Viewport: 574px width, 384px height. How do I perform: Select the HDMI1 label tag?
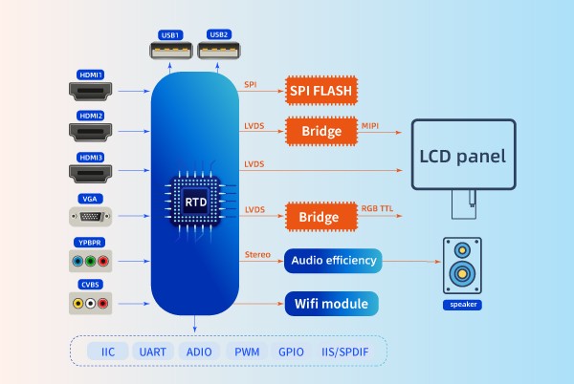[x=90, y=73]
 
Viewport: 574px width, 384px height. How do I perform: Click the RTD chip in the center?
[x=195, y=203]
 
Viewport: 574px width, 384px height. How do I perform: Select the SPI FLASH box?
[x=321, y=92]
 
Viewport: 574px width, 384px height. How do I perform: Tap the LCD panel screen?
[x=464, y=155]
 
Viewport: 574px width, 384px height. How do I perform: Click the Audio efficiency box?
[x=332, y=260]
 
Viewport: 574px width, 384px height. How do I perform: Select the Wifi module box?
[x=332, y=305]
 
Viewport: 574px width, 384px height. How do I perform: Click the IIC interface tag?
[x=107, y=352]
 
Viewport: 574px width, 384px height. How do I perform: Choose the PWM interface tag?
[x=247, y=352]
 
